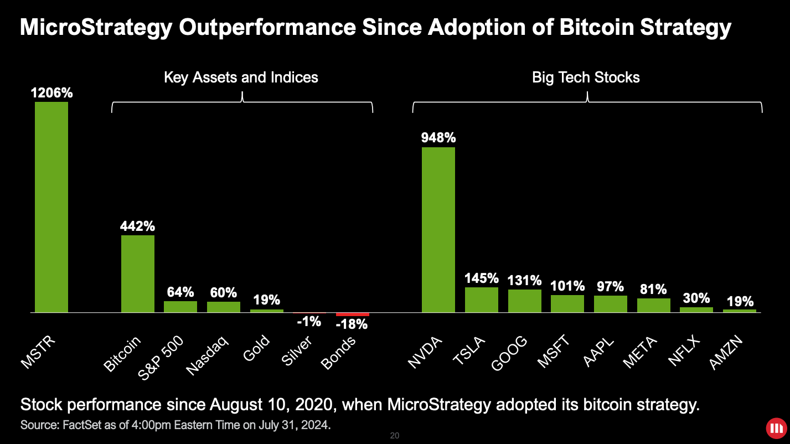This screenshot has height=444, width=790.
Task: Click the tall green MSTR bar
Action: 51,207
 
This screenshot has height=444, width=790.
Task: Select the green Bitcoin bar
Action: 138,274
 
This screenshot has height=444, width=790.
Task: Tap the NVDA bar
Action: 438,230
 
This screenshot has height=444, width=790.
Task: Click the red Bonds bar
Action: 352,314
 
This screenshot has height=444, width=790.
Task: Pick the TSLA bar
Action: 482,300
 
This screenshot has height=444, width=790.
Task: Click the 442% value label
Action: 138,226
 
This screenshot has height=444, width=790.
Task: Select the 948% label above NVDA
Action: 438,137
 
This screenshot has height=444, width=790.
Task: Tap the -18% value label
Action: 352,324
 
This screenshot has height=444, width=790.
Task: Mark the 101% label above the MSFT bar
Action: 568,286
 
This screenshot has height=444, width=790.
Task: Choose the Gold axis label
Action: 256,349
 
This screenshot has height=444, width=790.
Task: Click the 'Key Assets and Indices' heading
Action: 241,77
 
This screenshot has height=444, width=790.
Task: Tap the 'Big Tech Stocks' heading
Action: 586,77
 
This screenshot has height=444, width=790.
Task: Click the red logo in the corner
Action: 775,428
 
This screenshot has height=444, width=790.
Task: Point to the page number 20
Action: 395,436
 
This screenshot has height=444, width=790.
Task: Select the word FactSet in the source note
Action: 69,426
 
